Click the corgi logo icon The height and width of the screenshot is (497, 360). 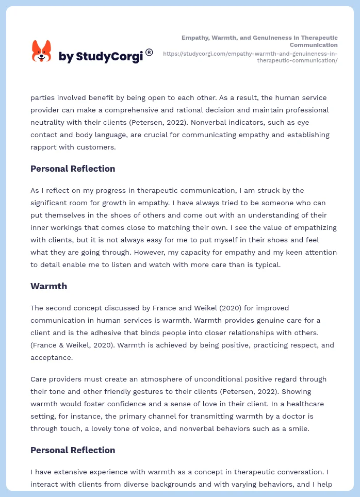tap(41, 51)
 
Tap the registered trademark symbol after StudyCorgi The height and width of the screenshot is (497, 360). tap(149, 52)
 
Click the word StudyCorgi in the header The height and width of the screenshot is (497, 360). tap(109, 57)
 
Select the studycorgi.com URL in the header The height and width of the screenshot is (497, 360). tap(250, 57)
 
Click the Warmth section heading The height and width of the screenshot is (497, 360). tap(48, 286)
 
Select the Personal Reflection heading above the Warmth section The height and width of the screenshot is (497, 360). tap(73, 169)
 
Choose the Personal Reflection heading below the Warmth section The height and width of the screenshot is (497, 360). tap(73, 450)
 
